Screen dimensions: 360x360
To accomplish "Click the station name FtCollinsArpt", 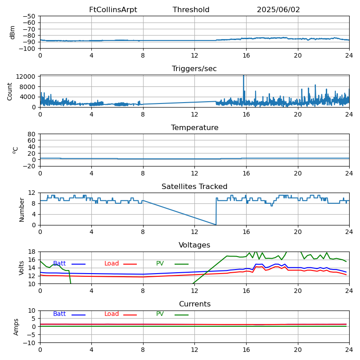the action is pyautogui.click(x=113, y=9).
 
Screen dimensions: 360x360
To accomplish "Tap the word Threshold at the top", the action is pyautogui.click(x=191, y=9).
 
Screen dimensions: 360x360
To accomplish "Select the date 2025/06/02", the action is pyautogui.click(x=278, y=9).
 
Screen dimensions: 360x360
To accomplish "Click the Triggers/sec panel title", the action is pyautogui.click(x=194, y=69).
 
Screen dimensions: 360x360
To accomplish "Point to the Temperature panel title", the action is pyautogui.click(x=195, y=127).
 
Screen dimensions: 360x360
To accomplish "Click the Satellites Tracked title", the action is pyautogui.click(x=194, y=186).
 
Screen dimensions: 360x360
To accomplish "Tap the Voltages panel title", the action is pyautogui.click(x=194, y=245).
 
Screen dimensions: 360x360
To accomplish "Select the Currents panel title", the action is pyautogui.click(x=195, y=304).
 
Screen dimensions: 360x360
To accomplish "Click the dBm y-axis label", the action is pyautogui.click(x=12, y=32).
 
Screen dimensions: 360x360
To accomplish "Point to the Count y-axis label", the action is pyautogui.click(x=9, y=92).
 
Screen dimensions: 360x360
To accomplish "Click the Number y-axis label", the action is pyautogui.click(x=22, y=210).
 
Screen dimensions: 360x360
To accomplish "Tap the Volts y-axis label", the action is pyautogui.click(x=21, y=268).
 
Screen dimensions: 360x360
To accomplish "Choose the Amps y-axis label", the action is pyautogui.click(x=16, y=327).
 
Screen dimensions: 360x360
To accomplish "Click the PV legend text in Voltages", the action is pyautogui.click(x=160, y=263).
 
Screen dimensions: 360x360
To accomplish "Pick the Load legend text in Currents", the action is pyautogui.click(x=112, y=314).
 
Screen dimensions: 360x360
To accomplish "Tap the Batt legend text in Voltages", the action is pyautogui.click(x=59, y=263).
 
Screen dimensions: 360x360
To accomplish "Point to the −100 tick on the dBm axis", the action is pyautogui.click(x=27, y=49).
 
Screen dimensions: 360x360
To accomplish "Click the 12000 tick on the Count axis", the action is pyautogui.click(x=26, y=76).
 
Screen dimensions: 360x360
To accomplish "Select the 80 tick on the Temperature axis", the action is pyautogui.click(x=31, y=134).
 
